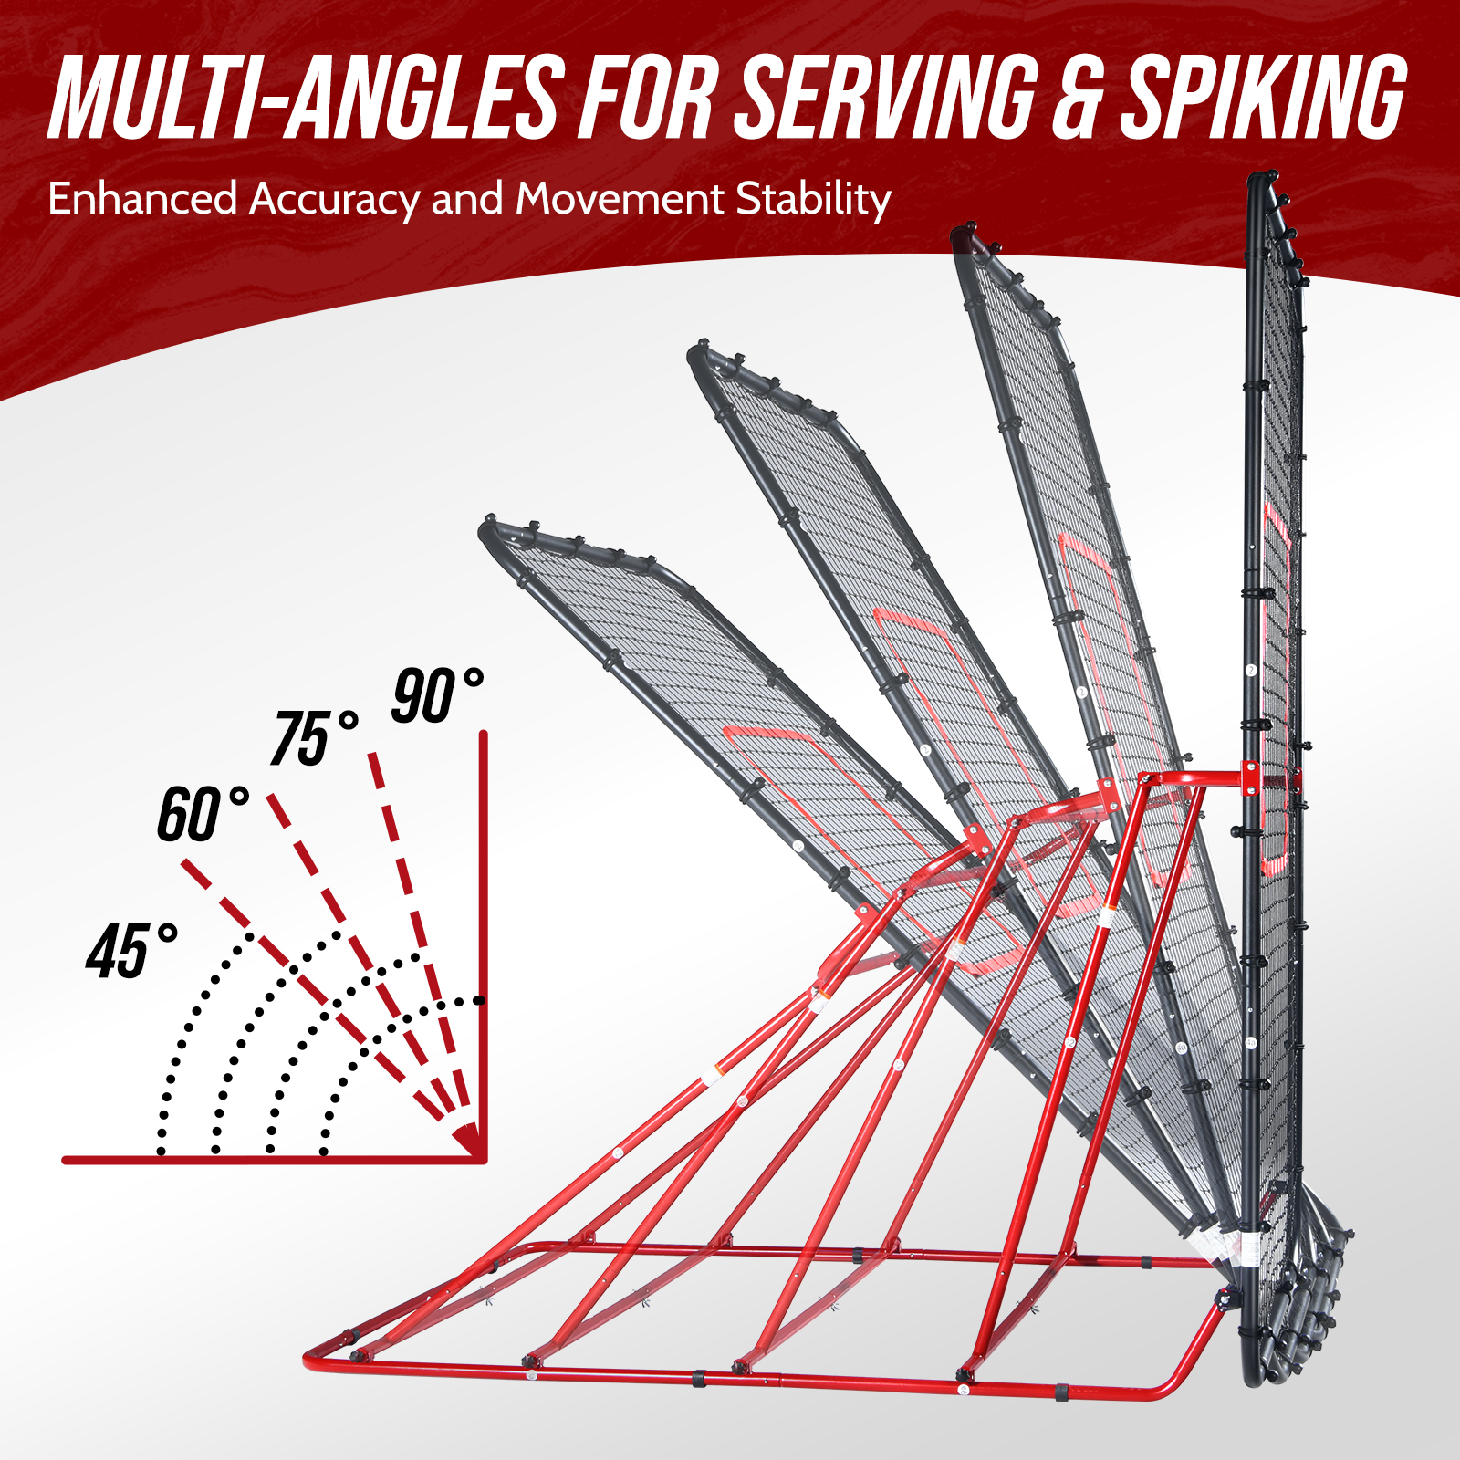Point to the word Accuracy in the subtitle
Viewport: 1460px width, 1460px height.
(x=334, y=200)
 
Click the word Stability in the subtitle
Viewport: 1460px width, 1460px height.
(x=813, y=200)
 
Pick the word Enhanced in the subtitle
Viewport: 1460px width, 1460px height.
(x=142, y=199)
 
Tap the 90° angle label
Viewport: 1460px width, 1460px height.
(x=436, y=696)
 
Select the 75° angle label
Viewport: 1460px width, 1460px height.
(x=313, y=737)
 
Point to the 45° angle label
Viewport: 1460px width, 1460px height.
(x=130, y=951)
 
